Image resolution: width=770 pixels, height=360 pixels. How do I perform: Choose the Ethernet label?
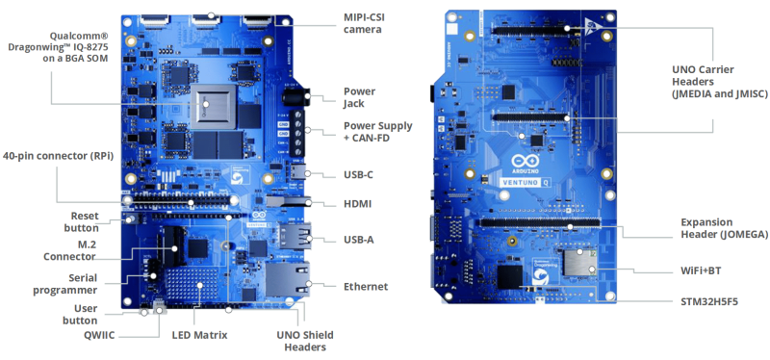pyautogui.click(x=366, y=286)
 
